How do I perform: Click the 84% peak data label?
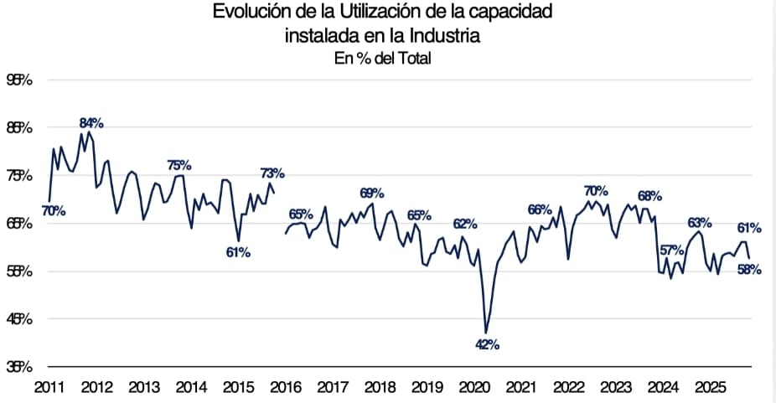point(91,123)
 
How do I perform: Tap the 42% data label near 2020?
point(488,344)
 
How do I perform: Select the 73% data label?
point(272,173)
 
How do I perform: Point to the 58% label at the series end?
point(748,269)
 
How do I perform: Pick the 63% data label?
point(700,223)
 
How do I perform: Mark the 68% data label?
point(649,196)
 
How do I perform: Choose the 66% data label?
point(540,209)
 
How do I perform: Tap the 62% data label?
point(465,224)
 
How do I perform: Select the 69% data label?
point(372,193)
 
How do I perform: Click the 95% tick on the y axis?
point(19,80)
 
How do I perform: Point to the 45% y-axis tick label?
point(19,319)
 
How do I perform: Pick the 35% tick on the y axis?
point(19,367)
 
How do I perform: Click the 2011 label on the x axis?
point(49,388)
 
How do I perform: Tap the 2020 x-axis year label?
point(476,388)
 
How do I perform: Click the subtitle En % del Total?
point(382,58)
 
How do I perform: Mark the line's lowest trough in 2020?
point(485,333)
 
